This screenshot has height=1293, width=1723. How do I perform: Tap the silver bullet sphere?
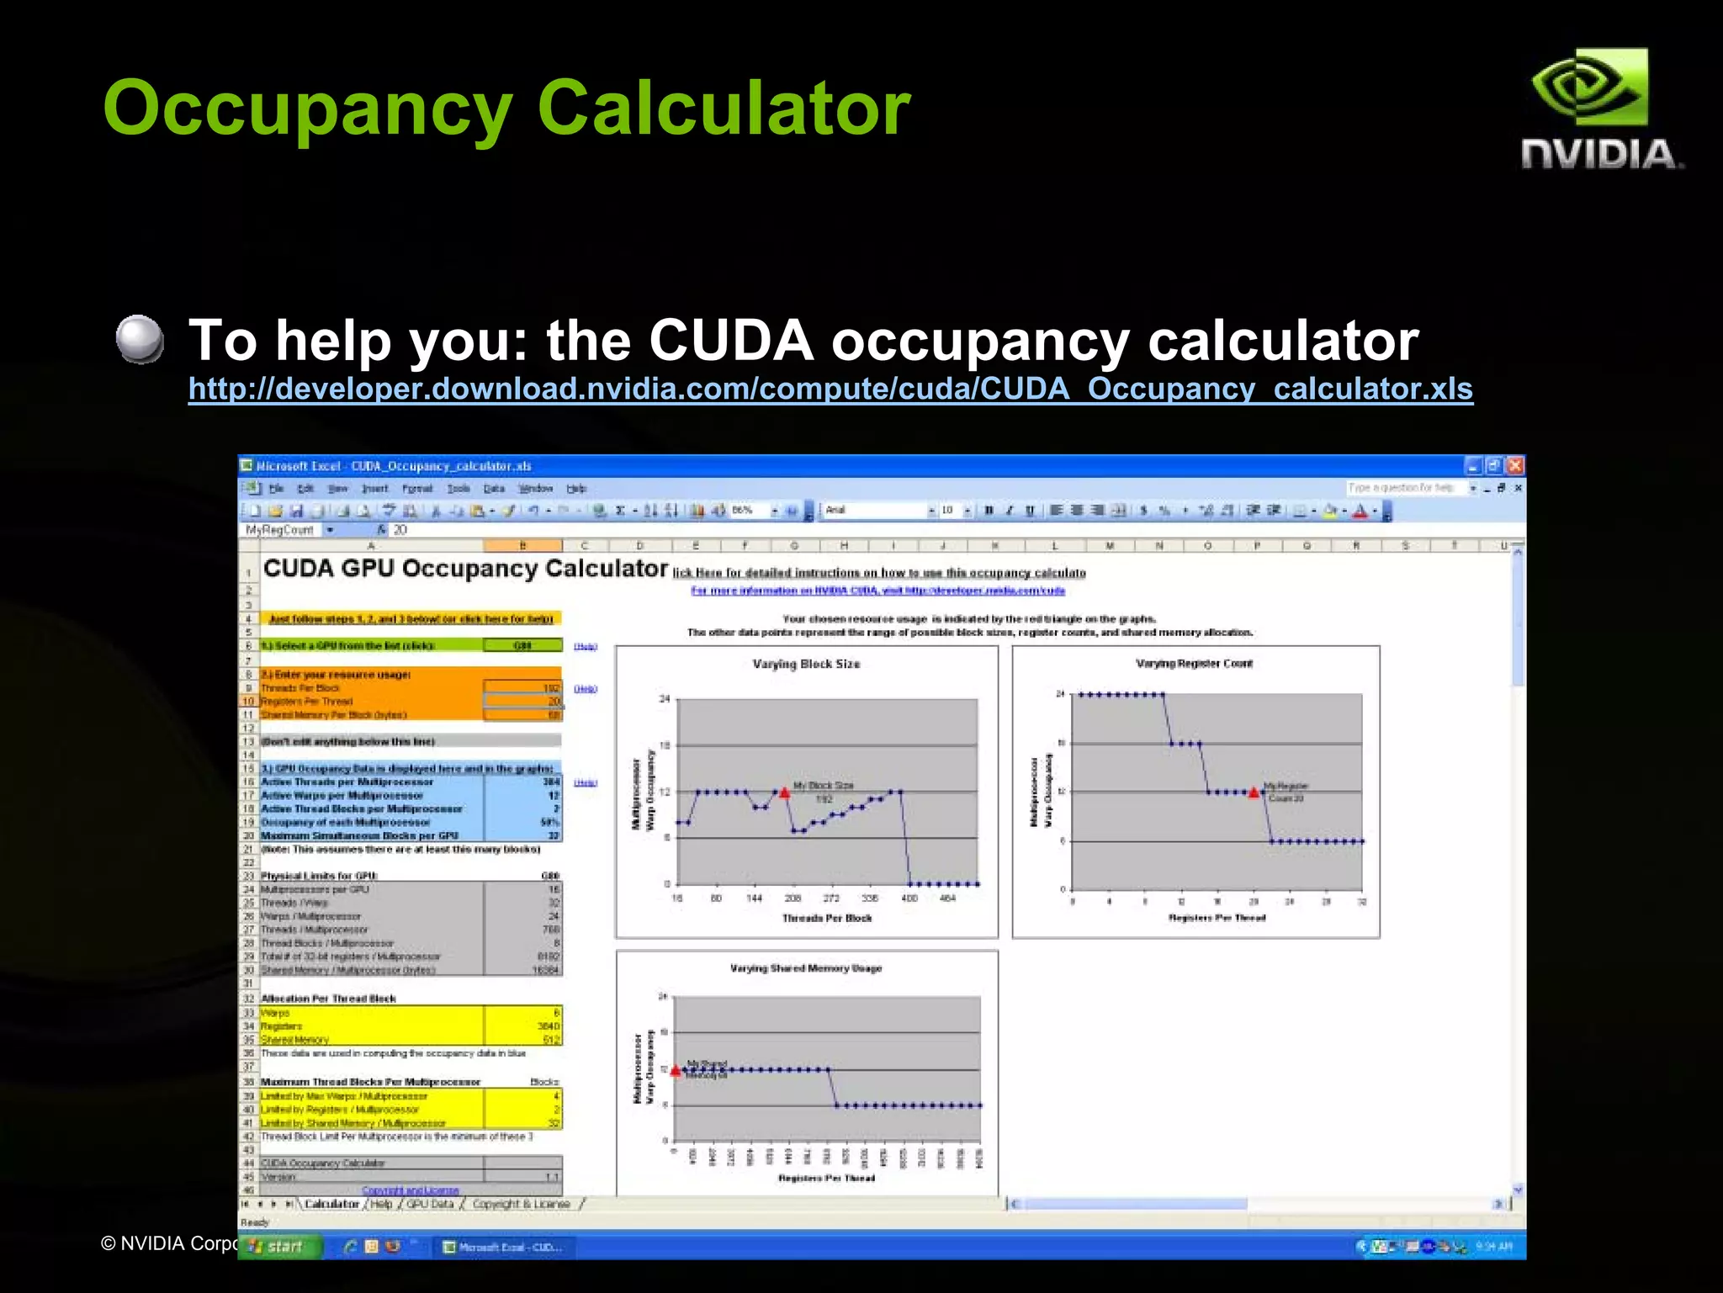click(x=140, y=340)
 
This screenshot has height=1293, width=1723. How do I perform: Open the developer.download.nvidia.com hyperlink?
click(x=830, y=389)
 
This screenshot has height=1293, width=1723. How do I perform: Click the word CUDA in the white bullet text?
click(x=730, y=341)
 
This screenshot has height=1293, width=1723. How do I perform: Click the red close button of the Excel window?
click(x=1515, y=465)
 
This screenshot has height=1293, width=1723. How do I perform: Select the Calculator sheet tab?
click(x=331, y=1204)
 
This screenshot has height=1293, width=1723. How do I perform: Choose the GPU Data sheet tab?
click(x=430, y=1204)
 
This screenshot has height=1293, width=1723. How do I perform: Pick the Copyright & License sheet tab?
click(x=521, y=1204)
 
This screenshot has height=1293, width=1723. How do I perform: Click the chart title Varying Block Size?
click(x=806, y=664)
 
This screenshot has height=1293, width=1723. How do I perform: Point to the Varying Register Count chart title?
click(x=1194, y=663)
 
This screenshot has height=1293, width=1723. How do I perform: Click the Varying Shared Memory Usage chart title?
click(x=806, y=968)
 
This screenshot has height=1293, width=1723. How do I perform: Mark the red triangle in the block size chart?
click(x=784, y=792)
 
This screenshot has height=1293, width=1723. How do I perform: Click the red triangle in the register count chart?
click(x=1254, y=792)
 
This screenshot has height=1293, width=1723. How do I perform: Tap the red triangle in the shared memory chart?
click(x=675, y=1070)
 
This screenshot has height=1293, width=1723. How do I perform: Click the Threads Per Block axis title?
click(x=827, y=918)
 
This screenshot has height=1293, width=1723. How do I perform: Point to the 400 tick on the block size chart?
click(x=909, y=898)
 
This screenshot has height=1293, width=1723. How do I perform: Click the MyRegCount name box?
click(x=280, y=530)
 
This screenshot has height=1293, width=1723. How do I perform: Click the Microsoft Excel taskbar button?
click(x=503, y=1247)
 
